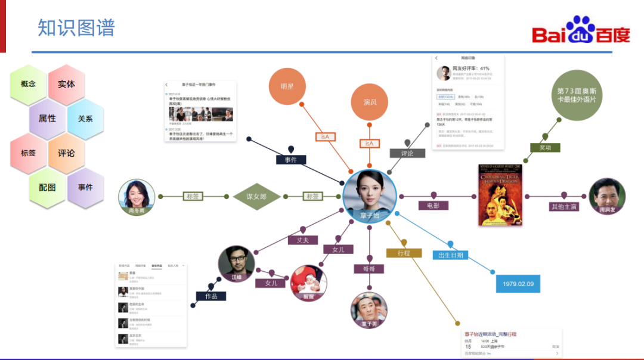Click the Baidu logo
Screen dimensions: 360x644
pos(581,30)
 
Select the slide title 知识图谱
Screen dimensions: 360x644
pos(76,27)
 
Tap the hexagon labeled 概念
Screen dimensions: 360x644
pos(29,84)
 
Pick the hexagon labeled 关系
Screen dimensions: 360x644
pos(85,119)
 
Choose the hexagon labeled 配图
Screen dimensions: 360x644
pos(47,187)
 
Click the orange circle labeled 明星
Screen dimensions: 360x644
pos(287,86)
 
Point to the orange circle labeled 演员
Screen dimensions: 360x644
pos(370,102)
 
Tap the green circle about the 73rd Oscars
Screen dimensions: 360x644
pos(576,95)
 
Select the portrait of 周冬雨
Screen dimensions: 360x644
pos(137,197)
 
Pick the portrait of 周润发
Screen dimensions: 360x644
pos(607,196)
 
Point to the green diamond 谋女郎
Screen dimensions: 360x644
pos(256,196)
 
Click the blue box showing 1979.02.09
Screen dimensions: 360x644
pos(518,284)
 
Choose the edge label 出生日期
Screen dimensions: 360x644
pos(450,255)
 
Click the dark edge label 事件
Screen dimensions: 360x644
pos(291,160)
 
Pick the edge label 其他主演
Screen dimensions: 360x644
pos(564,207)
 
